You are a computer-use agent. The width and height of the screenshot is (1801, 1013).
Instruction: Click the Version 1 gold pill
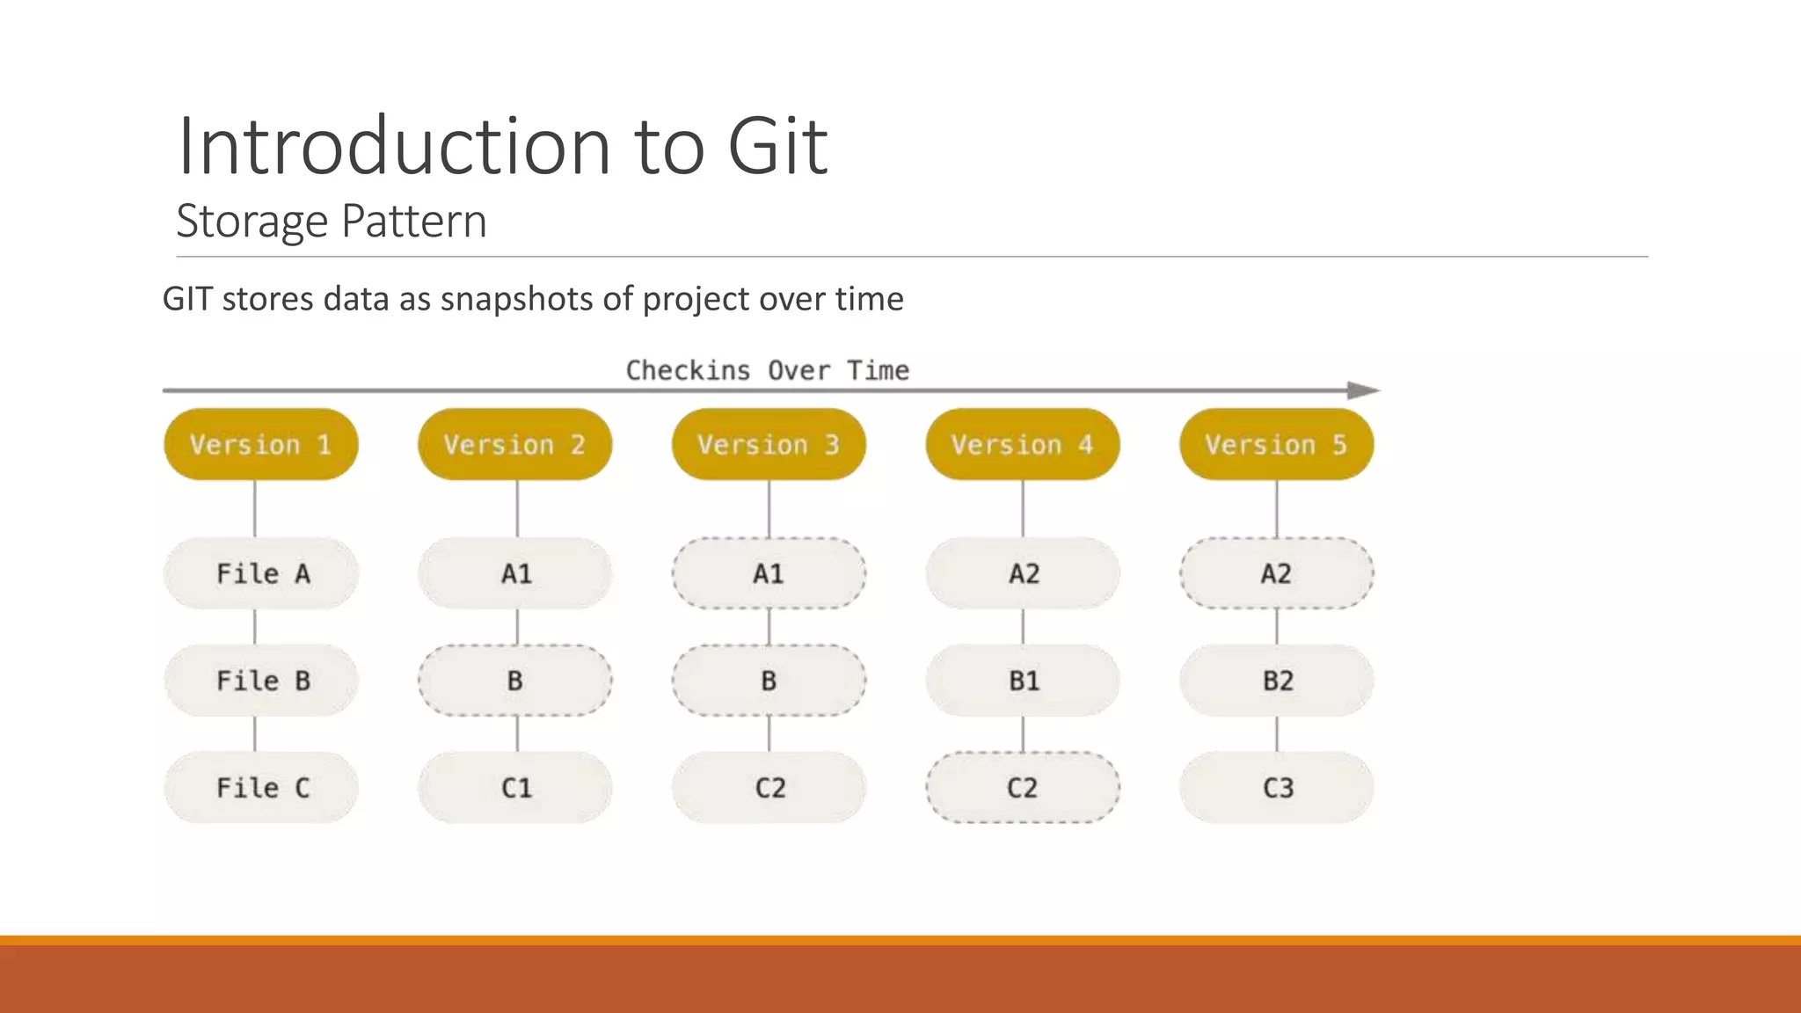coord(261,444)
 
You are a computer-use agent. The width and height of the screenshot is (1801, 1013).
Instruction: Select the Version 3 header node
coord(769,444)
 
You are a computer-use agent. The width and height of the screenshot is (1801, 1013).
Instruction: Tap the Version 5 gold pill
coord(1276,444)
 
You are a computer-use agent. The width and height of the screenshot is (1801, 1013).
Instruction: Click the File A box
coord(261,573)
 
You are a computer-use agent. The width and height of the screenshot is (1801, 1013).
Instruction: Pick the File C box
coord(261,787)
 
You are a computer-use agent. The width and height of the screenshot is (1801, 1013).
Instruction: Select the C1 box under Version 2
coord(515,787)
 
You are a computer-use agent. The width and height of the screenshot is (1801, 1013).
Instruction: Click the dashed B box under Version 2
coord(515,681)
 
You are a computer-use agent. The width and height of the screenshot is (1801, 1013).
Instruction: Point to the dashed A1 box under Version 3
coord(769,573)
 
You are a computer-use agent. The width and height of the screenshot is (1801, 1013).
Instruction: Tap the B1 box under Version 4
coord(1023,681)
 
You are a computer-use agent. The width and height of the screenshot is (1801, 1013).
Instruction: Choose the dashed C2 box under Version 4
coord(1023,787)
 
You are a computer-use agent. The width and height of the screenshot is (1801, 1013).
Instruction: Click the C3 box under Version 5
coord(1276,787)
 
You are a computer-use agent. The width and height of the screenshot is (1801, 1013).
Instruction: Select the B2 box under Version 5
coord(1276,681)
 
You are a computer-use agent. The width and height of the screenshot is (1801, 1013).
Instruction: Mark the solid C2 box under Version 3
coord(769,787)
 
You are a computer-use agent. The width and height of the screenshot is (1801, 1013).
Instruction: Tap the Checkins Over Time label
coord(767,370)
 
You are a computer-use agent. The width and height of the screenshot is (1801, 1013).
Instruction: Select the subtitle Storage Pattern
coord(331,221)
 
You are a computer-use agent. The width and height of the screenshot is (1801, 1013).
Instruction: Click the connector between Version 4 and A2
coord(1023,508)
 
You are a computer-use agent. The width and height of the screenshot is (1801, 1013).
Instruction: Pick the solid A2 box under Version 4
coord(1023,573)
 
